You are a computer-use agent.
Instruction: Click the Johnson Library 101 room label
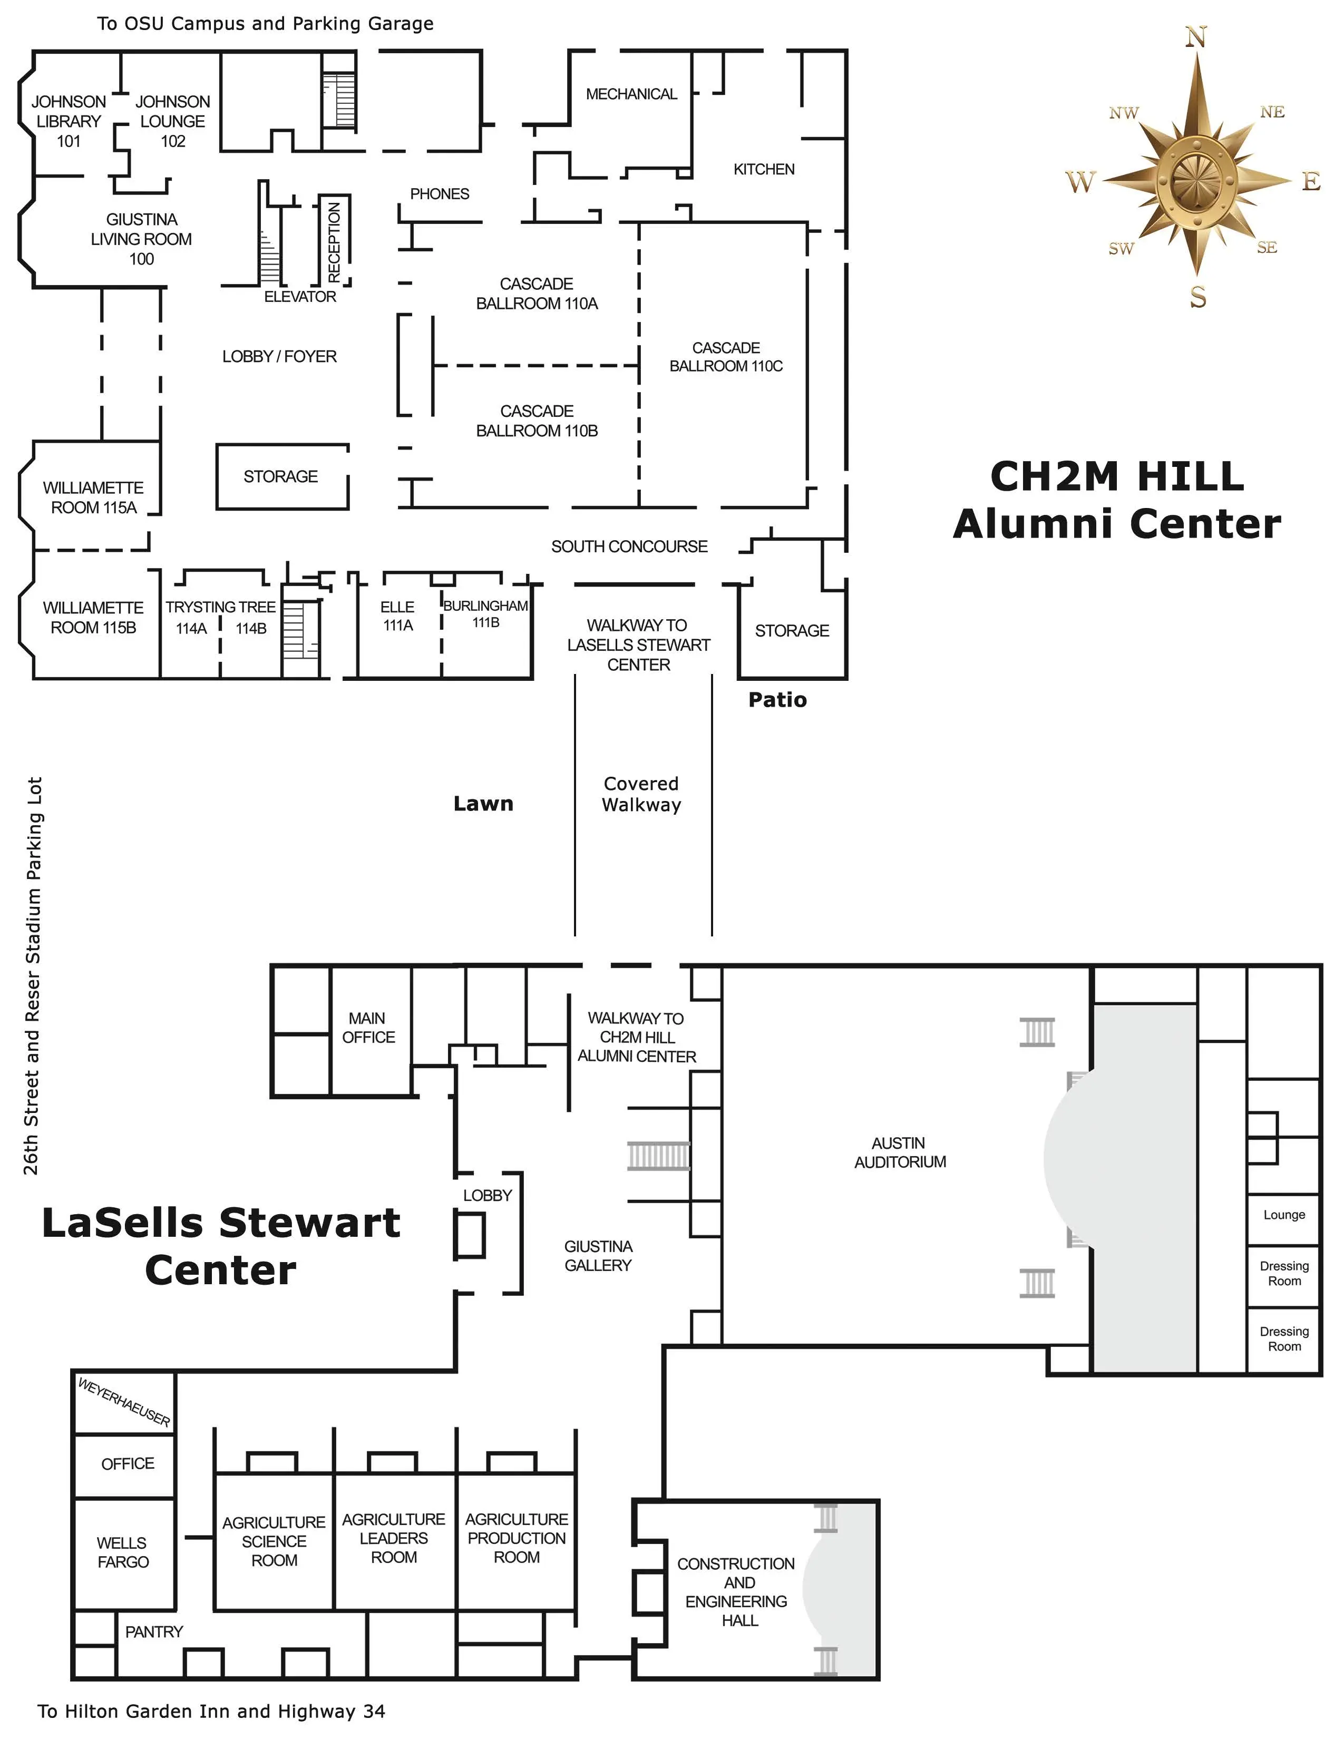[x=69, y=121]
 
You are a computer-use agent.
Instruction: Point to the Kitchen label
[x=764, y=169]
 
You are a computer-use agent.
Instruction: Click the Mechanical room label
[x=631, y=94]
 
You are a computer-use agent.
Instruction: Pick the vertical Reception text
[x=334, y=241]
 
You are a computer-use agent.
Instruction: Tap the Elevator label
[x=300, y=296]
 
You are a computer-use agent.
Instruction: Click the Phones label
[x=440, y=193]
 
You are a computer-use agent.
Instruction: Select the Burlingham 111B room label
[x=486, y=613]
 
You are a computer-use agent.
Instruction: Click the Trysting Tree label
[x=220, y=607]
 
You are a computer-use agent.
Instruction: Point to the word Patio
[x=777, y=700]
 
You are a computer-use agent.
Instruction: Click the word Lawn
[x=483, y=804]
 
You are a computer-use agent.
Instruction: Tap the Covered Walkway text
[x=641, y=794]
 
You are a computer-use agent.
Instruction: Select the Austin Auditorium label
[x=900, y=1152]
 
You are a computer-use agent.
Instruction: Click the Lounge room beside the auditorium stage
[x=1283, y=1214]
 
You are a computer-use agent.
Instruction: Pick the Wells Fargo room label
[x=123, y=1552]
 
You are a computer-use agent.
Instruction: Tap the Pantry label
[x=154, y=1631]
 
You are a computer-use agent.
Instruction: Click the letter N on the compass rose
[x=1196, y=37]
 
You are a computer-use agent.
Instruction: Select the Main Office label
[x=368, y=1027]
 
